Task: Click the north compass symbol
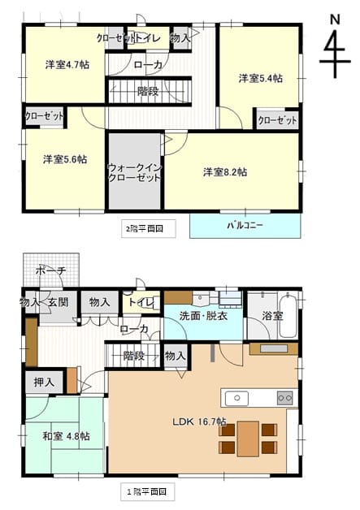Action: (x=335, y=47)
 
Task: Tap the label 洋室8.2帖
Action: (x=225, y=172)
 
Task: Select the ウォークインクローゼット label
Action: (x=134, y=173)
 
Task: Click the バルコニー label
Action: (x=245, y=226)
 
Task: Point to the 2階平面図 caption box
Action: (x=149, y=229)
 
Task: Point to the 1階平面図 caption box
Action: (x=148, y=491)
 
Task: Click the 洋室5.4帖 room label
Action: (x=260, y=79)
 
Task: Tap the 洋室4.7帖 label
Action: (x=67, y=65)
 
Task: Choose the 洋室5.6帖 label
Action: (x=65, y=159)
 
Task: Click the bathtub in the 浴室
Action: (x=288, y=314)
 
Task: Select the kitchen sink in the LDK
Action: (x=237, y=398)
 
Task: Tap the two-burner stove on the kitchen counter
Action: (x=284, y=398)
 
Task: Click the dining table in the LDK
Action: (x=248, y=439)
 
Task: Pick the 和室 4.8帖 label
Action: (x=67, y=436)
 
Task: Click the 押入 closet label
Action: (x=44, y=382)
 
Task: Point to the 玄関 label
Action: (x=59, y=302)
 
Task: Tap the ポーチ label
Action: (x=50, y=270)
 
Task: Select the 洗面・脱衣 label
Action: (x=203, y=316)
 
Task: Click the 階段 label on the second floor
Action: (x=148, y=92)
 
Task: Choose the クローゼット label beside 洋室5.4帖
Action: (x=278, y=121)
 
